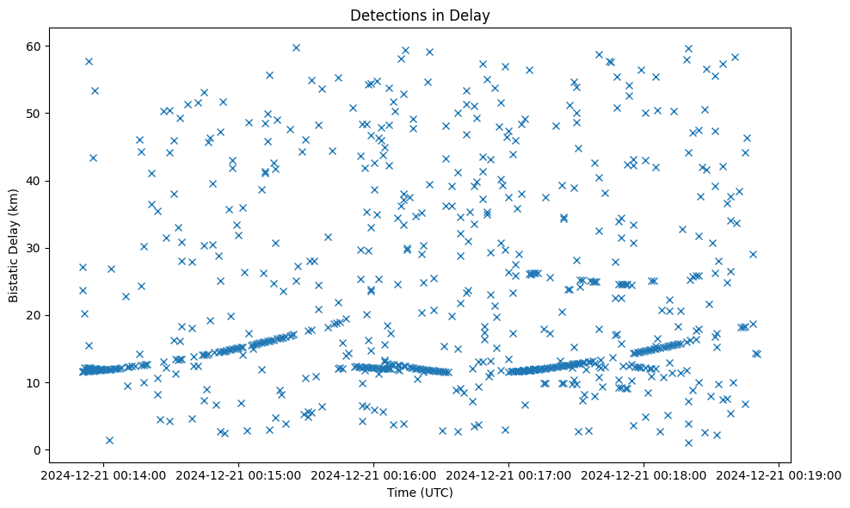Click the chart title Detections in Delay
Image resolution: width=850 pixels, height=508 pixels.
tap(420, 15)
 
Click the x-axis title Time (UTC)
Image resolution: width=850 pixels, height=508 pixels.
tap(420, 493)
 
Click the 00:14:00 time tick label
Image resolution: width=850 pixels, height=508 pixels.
tap(105, 474)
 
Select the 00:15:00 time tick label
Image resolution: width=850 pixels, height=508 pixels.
tap(240, 474)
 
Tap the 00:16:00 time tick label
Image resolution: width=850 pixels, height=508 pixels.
tap(374, 474)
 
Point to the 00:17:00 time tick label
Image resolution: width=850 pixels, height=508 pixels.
tap(509, 474)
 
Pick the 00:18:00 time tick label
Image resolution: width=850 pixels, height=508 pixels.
tap(644, 474)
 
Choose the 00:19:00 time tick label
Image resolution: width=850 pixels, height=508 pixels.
tap(779, 474)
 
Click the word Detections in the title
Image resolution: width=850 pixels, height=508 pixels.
tap(382, 15)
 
